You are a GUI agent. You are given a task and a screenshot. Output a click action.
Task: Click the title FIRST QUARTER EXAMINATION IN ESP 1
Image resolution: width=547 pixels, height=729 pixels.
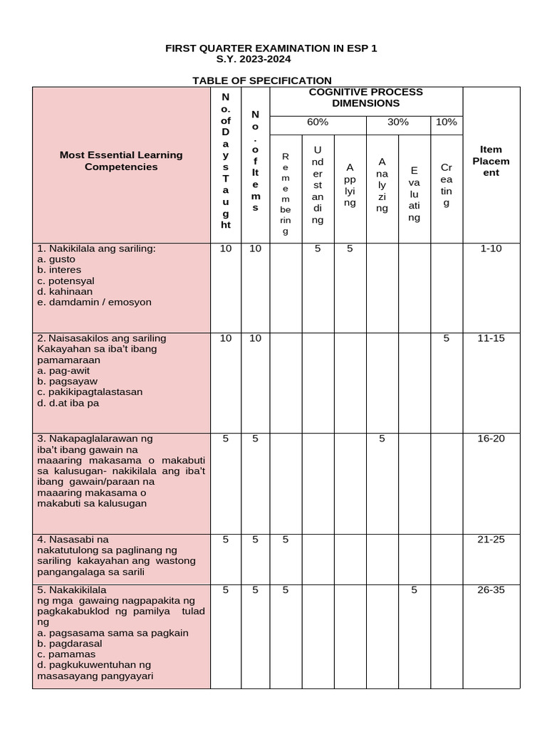271,48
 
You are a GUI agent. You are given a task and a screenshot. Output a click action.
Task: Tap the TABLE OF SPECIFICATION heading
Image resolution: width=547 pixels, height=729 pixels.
262,80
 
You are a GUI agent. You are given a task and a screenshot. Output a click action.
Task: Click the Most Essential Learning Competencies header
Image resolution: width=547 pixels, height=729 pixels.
121,160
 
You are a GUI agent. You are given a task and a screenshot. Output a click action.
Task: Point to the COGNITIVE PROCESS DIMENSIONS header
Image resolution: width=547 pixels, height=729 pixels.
365,98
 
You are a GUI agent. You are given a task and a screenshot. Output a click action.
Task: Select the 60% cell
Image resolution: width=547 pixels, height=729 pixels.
317,122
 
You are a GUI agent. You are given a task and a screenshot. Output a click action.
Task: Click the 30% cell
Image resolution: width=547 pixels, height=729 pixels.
397,122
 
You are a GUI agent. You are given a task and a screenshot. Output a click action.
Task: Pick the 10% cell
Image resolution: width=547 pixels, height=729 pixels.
446,122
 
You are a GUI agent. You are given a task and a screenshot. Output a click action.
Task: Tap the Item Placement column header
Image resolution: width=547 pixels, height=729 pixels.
491,161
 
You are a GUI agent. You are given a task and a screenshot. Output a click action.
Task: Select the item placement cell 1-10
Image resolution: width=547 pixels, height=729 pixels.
491,249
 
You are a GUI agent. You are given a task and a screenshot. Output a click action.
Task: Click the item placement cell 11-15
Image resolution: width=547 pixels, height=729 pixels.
491,338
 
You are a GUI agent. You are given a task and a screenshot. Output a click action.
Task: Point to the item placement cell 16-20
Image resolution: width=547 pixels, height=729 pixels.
491,439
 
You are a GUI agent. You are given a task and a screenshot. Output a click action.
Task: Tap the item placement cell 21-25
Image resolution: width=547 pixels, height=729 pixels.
491,540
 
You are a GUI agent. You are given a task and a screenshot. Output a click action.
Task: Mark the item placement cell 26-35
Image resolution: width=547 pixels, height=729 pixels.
491,590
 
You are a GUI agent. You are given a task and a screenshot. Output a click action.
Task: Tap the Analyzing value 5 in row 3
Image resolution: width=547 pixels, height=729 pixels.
382,439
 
